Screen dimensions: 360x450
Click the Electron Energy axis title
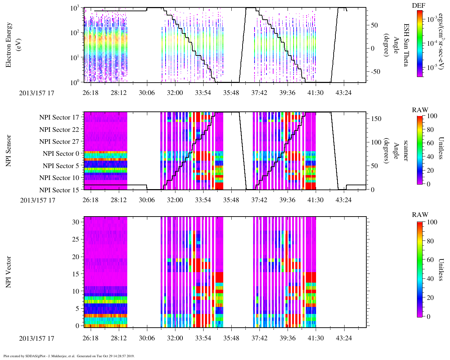point(9,45)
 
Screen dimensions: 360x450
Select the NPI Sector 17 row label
point(59,117)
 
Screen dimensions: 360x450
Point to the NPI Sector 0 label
point(61,154)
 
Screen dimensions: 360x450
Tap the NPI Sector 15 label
point(59,190)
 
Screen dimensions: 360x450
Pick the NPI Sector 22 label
point(59,130)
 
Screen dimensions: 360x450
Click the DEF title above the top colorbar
point(419,6)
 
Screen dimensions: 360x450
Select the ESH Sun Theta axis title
point(406,45)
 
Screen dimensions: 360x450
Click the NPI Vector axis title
point(9,272)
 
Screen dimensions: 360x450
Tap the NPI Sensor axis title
point(9,151)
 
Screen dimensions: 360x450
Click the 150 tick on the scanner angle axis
point(377,119)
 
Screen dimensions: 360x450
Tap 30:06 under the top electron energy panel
point(147,93)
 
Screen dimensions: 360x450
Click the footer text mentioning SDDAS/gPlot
point(69,356)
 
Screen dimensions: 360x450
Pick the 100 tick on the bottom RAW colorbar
point(432,222)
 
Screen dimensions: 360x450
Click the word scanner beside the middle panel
point(406,151)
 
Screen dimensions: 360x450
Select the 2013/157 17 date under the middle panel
point(38,200)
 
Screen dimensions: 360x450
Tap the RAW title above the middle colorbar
point(420,110)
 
